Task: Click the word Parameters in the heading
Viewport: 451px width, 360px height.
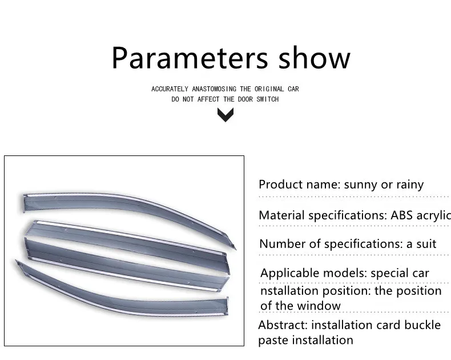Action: pyautogui.click(x=190, y=58)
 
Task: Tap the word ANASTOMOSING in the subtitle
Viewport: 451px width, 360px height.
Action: pyautogui.click(x=214, y=89)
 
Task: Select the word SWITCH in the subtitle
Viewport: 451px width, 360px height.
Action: pyautogui.click(x=268, y=99)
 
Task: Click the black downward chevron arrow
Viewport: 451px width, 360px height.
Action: pyautogui.click(x=226, y=115)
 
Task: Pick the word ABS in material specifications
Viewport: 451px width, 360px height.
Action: pyautogui.click(x=401, y=215)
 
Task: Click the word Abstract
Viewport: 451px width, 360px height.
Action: pyautogui.click(x=283, y=325)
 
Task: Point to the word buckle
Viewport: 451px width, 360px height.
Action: pyautogui.click(x=422, y=325)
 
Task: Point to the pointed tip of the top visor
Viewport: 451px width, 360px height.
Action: pyautogui.click(x=235, y=249)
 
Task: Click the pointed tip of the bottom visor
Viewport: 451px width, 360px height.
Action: pyautogui.click(x=16, y=261)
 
